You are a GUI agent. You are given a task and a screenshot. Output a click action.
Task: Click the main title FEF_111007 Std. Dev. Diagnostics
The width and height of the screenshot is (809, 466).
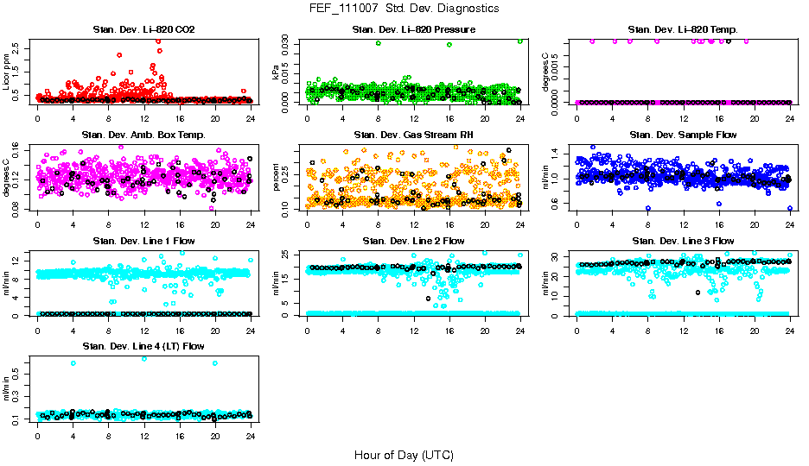[404, 9]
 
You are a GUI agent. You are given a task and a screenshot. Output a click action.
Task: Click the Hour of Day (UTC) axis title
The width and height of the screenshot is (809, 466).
[404, 454]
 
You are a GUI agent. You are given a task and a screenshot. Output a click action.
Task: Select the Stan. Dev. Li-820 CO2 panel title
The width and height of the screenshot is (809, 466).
[143, 30]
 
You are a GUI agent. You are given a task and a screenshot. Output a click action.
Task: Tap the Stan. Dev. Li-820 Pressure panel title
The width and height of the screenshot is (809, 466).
[413, 30]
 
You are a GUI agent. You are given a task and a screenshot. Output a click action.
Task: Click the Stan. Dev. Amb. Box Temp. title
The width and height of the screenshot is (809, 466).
[143, 135]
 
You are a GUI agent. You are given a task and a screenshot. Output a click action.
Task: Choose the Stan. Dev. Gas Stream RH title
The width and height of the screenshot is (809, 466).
[413, 135]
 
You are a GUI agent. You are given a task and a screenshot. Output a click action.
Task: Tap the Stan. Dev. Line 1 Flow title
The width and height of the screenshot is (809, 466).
[143, 241]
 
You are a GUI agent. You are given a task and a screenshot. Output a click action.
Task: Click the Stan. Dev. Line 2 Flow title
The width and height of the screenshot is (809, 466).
[413, 241]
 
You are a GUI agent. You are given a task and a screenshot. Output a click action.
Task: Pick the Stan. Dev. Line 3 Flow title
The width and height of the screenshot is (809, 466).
[683, 241]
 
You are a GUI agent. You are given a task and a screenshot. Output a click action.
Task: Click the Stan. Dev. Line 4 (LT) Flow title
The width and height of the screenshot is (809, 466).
[143, 346]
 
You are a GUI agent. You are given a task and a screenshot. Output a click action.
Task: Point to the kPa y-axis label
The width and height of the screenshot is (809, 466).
[277, 75]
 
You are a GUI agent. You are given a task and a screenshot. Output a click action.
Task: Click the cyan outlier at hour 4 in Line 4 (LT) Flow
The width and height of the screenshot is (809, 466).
[73, 363]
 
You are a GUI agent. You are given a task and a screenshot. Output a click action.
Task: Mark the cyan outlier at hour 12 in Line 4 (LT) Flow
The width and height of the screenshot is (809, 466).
[143, 358]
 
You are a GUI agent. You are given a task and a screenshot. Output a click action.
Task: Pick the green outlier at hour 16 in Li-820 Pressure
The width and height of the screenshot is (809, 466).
[449, 45]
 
